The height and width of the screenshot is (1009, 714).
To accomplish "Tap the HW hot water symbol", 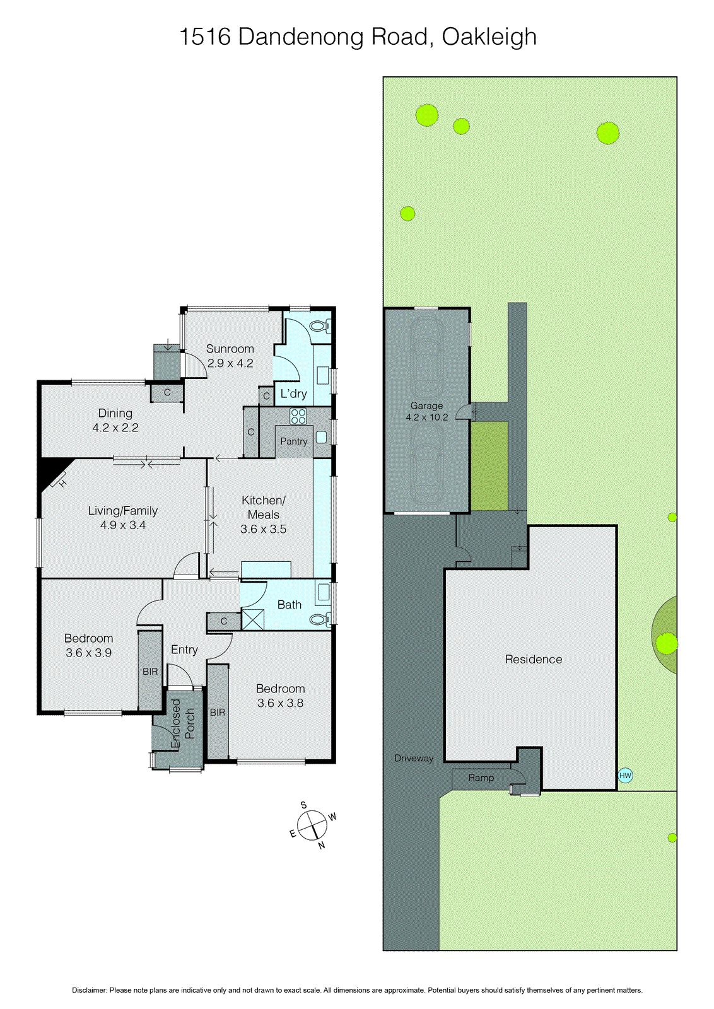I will (625, 776).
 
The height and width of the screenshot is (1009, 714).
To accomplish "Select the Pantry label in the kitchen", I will (294, 441).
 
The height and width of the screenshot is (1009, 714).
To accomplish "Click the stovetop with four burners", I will (298, 416).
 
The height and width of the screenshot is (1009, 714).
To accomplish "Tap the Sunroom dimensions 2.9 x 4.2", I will (230, 363).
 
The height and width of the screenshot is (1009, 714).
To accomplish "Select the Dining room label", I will (115, 413).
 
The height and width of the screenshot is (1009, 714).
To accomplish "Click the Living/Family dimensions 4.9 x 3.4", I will (122, 525).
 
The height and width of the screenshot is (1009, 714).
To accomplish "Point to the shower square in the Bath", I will (253, 619).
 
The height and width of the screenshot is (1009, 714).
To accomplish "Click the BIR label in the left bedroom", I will (150, 672).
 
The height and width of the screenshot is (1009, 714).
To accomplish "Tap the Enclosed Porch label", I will (183, 724).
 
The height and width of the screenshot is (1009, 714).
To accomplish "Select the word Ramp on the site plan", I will (481, 778).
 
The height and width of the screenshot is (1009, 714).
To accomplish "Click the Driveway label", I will (414, 758).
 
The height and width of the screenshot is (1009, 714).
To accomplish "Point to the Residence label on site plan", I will (533, 659).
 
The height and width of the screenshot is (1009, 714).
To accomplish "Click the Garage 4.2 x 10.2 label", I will (426, 411).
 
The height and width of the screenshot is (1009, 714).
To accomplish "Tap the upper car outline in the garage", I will (427, 356).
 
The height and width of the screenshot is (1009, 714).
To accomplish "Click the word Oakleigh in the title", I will (489, 37).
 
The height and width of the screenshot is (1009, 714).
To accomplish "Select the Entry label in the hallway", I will (184, 650).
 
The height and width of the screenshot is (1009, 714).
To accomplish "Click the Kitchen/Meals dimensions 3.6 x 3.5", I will (263, 529).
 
